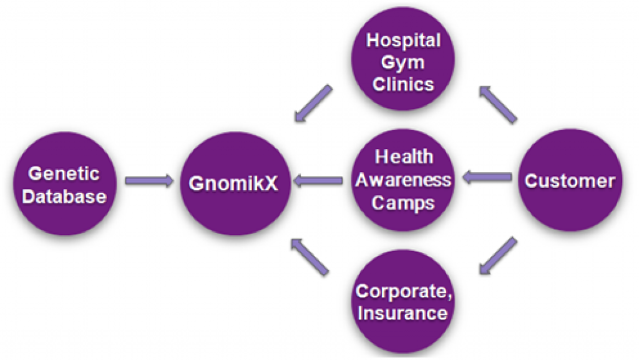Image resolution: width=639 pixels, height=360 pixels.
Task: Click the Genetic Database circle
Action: pos(65,183)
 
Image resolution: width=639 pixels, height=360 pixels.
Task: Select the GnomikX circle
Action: pos(235,183)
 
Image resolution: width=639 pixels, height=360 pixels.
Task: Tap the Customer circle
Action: pos(570,180)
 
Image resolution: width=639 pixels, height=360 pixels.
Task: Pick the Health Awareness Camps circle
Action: pos(403,180)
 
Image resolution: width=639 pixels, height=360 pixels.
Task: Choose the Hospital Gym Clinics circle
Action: pos(403,59)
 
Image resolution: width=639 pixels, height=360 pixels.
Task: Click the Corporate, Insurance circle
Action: pos(403,301)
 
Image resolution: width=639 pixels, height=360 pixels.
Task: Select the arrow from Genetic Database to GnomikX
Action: pos(149,180)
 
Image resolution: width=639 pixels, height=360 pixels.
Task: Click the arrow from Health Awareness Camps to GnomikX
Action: pos(318,180)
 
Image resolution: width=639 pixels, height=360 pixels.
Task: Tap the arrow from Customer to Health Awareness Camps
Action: pos(487,177)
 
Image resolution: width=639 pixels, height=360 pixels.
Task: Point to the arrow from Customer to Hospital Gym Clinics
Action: pos(498,104)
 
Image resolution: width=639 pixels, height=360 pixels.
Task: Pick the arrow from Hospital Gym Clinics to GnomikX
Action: pos(313,104)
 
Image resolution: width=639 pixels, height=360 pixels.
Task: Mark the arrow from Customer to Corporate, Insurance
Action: pos(498,256)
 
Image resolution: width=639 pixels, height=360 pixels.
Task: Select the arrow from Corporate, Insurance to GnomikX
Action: pos(310,258)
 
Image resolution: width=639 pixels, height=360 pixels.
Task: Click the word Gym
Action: pos(403,63)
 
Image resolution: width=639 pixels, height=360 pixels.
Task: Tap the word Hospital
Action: pos(404,41)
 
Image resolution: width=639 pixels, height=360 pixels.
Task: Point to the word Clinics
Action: pos(403,84)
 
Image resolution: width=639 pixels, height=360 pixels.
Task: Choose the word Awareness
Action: pos(404,180)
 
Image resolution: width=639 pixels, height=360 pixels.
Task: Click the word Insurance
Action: pos(402,313)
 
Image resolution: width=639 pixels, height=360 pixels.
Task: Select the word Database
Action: pos(64,197)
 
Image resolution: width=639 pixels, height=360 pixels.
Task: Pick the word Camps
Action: pos(403,203)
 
